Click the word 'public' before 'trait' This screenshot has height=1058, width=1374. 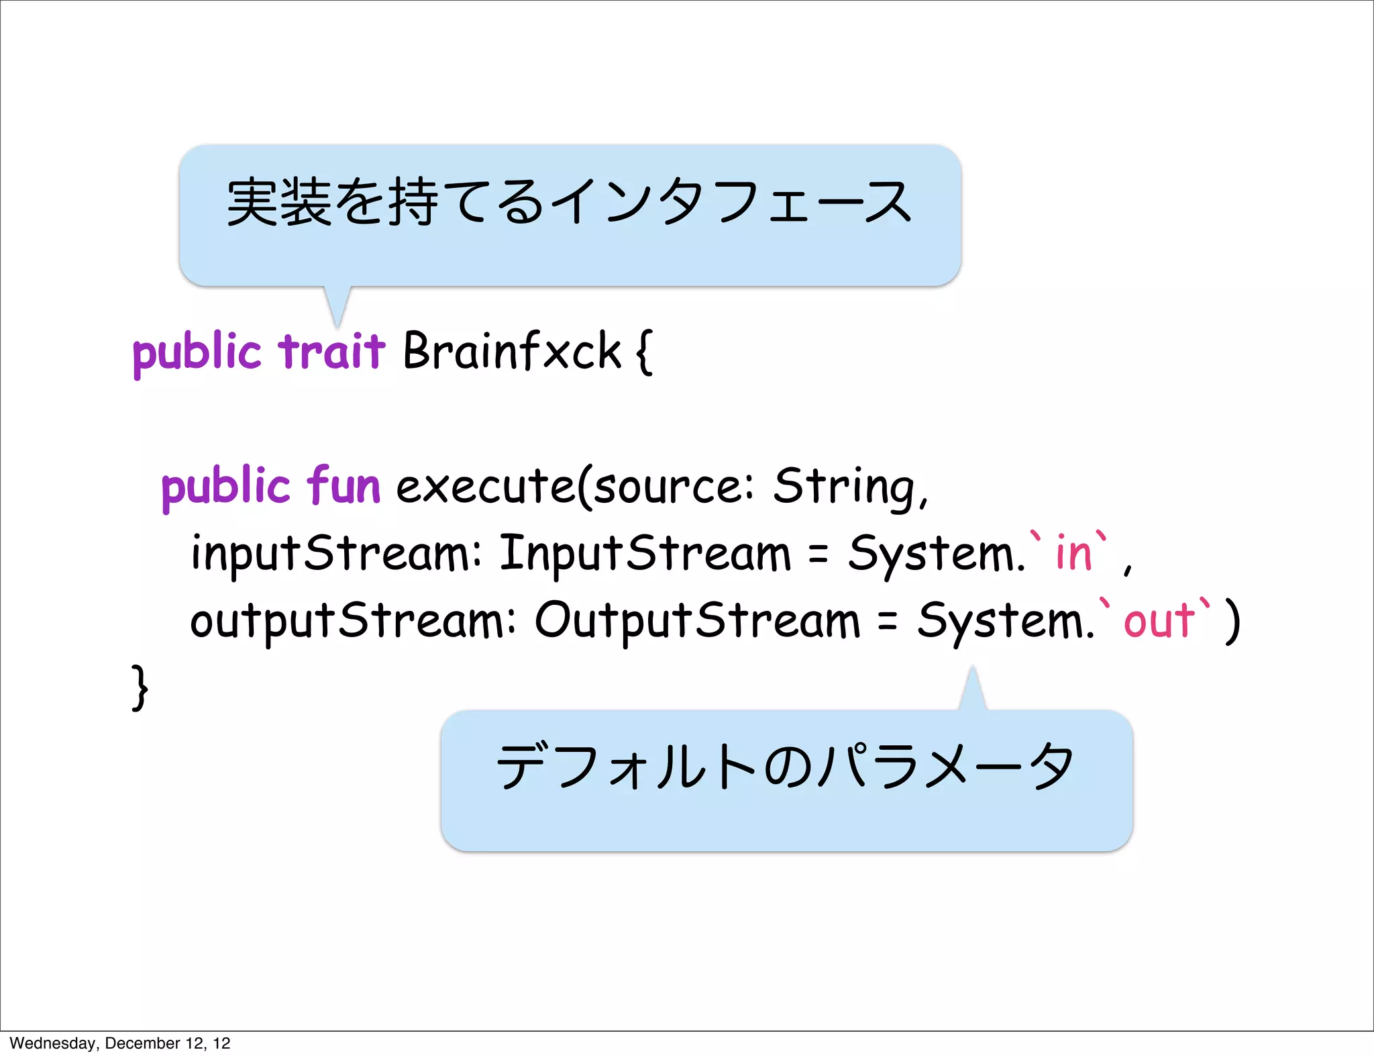tap(197, 352)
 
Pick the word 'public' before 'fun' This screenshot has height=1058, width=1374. tap(225, 487)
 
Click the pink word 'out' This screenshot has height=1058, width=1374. tap(1159, 620)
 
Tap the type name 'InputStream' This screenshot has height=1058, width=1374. tap(645, 554)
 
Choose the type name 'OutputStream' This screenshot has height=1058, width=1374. tap(697, 621)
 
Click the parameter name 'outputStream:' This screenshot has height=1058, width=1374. tap(353, 621)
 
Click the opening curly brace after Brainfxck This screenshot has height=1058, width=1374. tap(643, 352)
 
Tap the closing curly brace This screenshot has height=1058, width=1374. tap(140, 687)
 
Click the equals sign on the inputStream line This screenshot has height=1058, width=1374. tap(818, 555)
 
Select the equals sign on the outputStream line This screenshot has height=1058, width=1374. tap(888, 622)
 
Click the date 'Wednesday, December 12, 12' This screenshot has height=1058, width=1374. tap(120, 1043)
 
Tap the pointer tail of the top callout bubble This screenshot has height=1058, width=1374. tap(337, 305)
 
